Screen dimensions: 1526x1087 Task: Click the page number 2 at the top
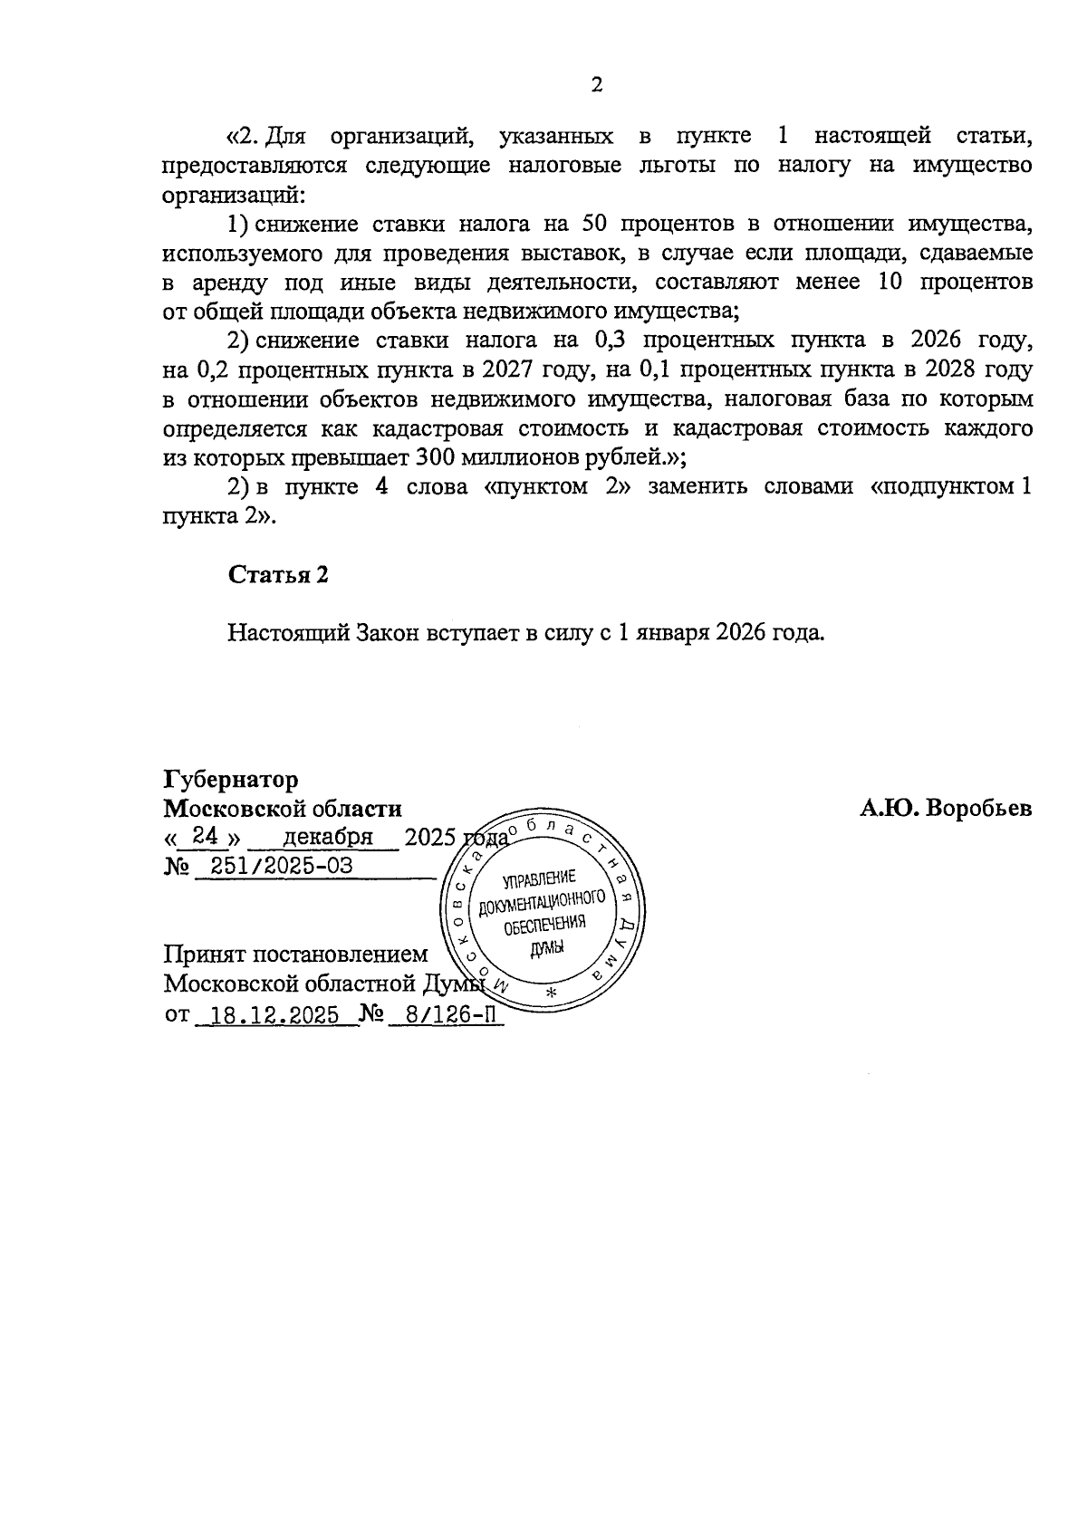tap(596, 85)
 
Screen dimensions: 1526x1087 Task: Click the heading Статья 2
tap(277, 575)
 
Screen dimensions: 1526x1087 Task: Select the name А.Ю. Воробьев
tap(945, 809)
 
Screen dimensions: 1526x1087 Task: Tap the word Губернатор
tap(231, 779)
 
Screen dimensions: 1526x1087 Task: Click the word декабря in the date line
tap(328, 837)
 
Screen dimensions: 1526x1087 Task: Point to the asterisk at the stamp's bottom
tap(550, 994)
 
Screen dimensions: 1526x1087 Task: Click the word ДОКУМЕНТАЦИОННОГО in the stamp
tap(541, 902)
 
